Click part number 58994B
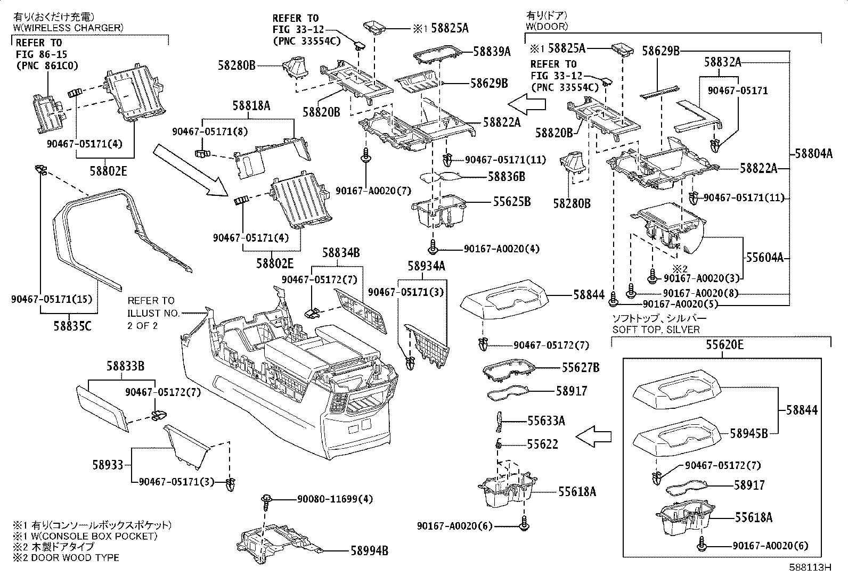[x=369, y=551]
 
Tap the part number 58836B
[x=507, y=176]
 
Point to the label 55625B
[x=512, y=202]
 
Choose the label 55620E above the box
[x=725, y=345]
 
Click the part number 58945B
[x=749, y=433]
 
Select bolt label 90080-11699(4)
[x=335, y=499]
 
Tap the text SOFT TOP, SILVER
[x=656, y=329]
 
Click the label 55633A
[x=546, y=421]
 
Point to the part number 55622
[x=542, y=443]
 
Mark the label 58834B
[x=341, y=253]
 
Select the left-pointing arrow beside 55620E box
[x=593, y=437]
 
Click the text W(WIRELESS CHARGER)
[x=68, y=28]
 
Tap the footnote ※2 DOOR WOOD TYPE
[x=66, y=557]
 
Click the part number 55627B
[x=581, y=367]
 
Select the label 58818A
[x=251, y=106]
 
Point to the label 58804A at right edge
[x=813, y=154]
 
